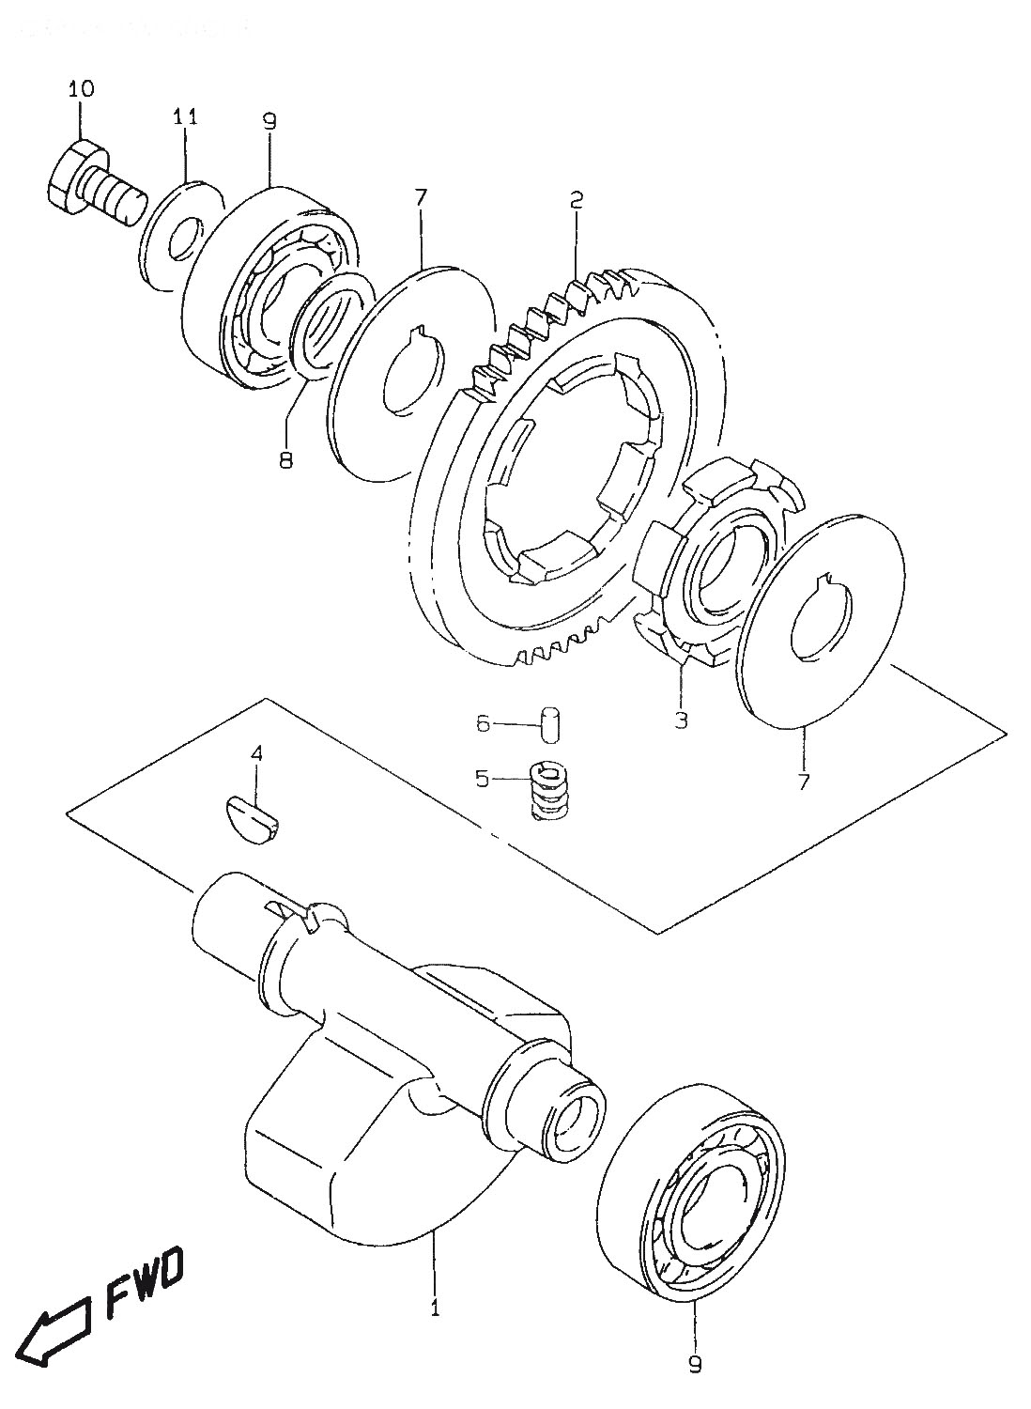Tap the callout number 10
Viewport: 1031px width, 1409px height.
[x=81, y=88]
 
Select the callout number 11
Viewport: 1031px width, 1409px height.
[x=186, y=117]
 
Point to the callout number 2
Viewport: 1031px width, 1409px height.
[x=576, y=201]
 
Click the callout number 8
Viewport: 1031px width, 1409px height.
[x=285, y=460]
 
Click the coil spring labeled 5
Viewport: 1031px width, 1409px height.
[x=548, y=791]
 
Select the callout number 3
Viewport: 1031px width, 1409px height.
[x=681, y=719]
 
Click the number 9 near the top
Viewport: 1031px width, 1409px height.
[x=269, y=121]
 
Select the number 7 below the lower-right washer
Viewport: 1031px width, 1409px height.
[x=804, y=782]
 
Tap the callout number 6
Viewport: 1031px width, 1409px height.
[x=483, y=724]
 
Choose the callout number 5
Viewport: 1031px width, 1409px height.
[x=482, y=780]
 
